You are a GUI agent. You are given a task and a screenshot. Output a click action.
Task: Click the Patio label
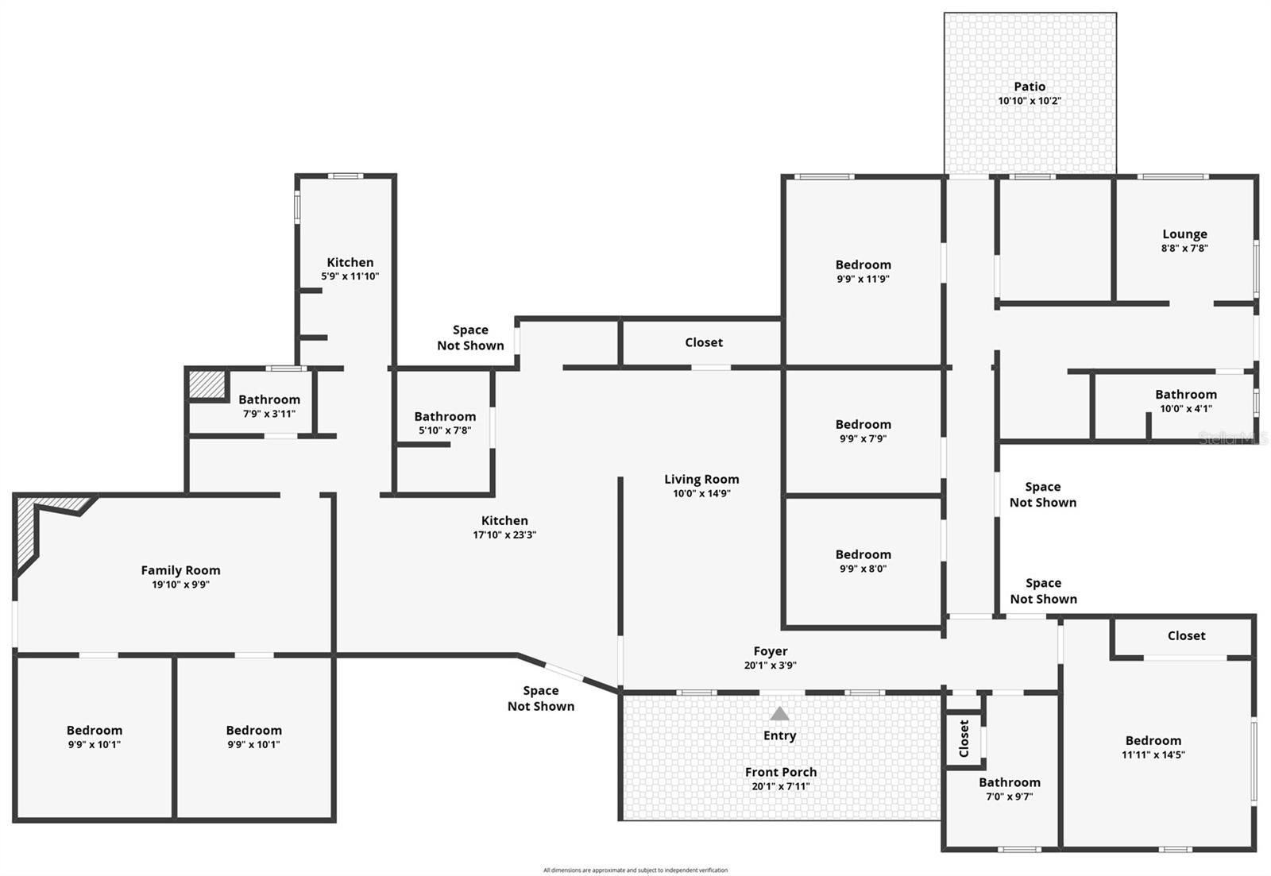1030,87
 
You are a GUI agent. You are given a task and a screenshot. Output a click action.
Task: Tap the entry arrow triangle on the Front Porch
780,714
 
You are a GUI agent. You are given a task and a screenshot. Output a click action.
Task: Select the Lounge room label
1184,234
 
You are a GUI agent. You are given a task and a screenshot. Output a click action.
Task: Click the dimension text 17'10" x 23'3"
504,535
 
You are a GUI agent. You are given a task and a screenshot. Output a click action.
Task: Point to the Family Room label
180,570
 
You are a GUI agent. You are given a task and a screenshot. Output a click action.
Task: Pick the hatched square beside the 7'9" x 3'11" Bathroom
207,384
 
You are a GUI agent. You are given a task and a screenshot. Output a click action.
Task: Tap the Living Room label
701,479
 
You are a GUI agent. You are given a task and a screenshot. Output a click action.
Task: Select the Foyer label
771,651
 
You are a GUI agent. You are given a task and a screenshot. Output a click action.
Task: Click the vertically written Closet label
964,739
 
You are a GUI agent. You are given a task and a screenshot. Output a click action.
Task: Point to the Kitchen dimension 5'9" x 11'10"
350,276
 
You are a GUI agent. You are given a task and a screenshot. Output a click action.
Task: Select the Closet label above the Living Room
704,342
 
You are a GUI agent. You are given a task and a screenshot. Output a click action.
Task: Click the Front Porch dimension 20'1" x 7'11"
781,786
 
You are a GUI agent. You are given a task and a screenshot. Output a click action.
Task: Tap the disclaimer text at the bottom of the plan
635,870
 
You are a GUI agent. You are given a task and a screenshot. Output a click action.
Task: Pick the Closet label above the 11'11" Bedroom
1186,635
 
